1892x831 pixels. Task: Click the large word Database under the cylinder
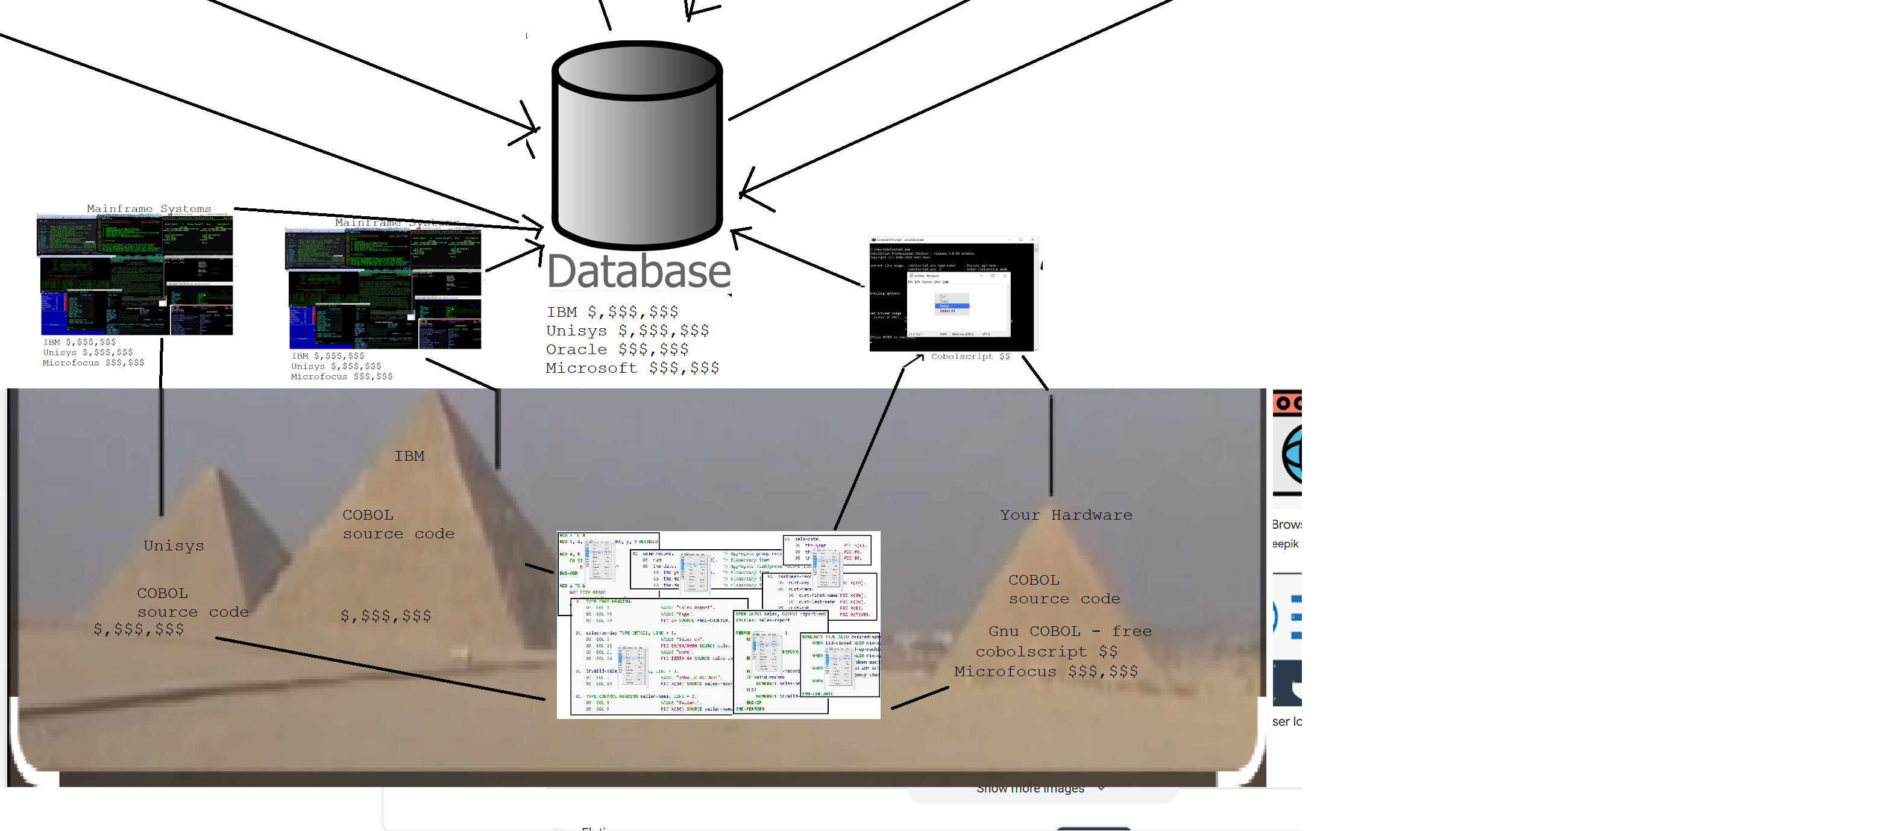[638, 272]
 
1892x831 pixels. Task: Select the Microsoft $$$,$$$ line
[632, 368]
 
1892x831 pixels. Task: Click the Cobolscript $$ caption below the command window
[969, 356]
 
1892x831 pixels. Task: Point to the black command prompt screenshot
[952, 294]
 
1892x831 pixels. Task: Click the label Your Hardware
[1065, 515]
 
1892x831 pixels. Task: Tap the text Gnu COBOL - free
[1069, 631]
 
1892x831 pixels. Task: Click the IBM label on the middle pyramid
[409, 456]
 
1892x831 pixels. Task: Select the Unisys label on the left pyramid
[174, 546]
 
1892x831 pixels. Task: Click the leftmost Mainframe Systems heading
[148, 208]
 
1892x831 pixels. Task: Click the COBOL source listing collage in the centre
[718, 624]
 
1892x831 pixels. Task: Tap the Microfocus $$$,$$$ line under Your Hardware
[1045, 671]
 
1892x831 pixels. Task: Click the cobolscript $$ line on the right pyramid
[1046, 652]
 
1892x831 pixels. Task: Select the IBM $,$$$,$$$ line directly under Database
[612, 312]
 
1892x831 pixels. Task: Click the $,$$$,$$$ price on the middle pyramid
[386, 615]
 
